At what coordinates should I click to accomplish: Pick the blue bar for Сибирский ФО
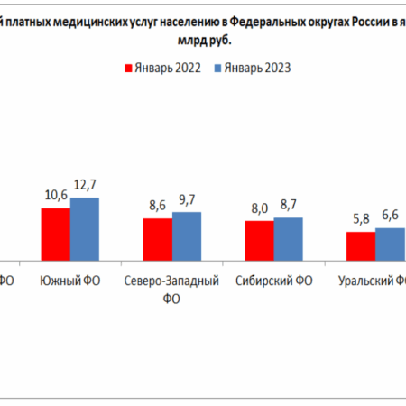(289, 239)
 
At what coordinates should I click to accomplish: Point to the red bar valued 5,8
(361, 246)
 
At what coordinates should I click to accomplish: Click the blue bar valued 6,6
(390, 245)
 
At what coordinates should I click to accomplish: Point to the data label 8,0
(259, 209)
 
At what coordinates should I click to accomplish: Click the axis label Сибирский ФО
(273, 281)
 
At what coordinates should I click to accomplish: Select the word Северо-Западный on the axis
(171, 281)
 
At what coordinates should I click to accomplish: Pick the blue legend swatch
(217, 67)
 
